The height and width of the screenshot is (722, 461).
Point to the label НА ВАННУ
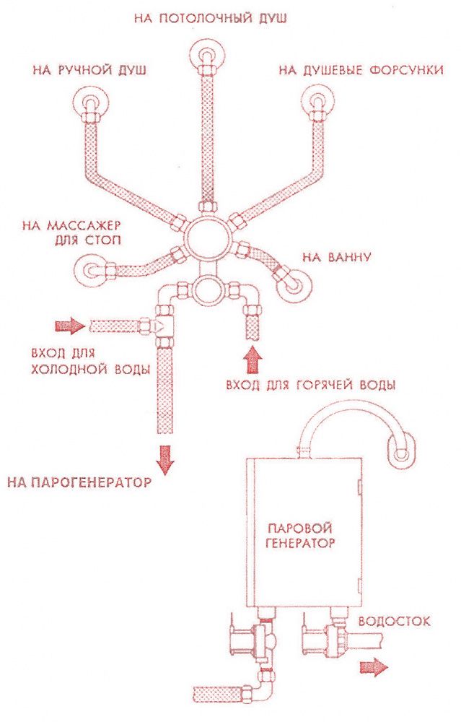point(336,257)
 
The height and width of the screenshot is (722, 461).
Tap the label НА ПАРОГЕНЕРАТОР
point(80,482)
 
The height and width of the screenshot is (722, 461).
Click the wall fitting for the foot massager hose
point(92,271)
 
